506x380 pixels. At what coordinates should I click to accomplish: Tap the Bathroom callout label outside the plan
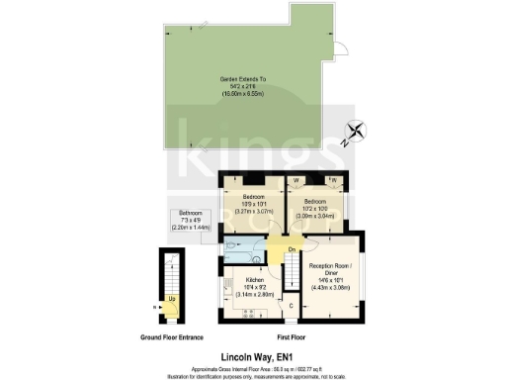click(x=193, y=221)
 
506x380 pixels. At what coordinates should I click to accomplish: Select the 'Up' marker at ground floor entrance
click(x=173, y=298)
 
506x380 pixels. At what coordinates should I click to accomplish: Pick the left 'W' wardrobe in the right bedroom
click(x=296, y=180)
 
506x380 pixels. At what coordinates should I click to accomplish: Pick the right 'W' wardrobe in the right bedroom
click(x=333, y=180)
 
